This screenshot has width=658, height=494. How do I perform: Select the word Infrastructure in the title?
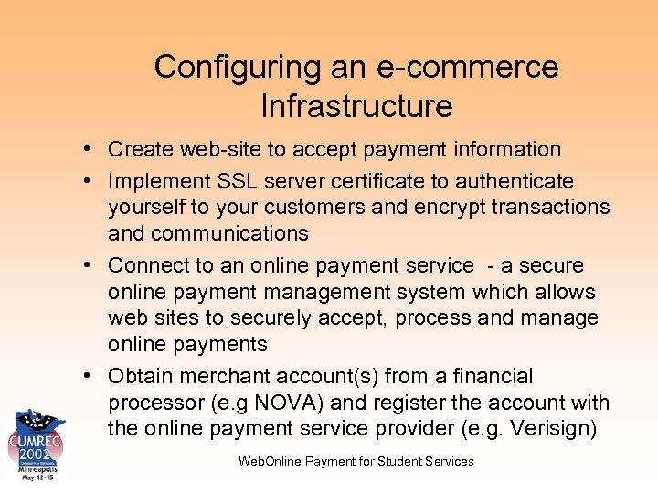(356, 106)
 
